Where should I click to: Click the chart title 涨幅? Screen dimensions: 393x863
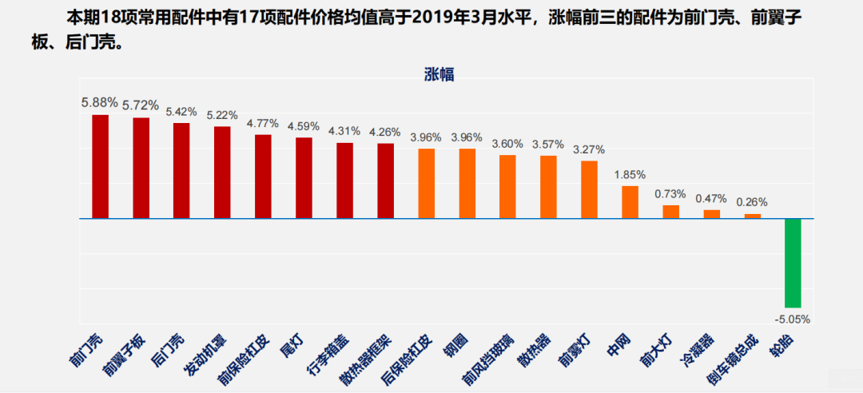click(x=439, y=75)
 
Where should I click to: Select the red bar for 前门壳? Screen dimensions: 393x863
click(x=101, y=166)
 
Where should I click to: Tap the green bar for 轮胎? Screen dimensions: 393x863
click(x=793, y=263)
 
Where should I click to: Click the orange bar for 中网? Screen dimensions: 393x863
click(x=630, y=202)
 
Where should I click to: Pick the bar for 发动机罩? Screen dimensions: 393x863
click(x=223, y=172)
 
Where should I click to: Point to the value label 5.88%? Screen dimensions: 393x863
click(x=100, y=102)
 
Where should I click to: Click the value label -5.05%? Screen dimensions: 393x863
click(x=793, y=319)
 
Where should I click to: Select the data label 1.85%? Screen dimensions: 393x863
click(x=630, y=174)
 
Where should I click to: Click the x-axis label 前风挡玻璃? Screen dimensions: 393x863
click(x=491, y=358)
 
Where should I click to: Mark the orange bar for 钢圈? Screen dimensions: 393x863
click(x=467, y=183)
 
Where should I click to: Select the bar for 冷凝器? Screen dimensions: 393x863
click(x=711, y=213)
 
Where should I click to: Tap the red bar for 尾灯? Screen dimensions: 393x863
click(x=304, y=177)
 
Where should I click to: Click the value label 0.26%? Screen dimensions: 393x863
click(x=752, y=202)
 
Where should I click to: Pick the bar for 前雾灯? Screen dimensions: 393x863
click(x=589, y=189)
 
